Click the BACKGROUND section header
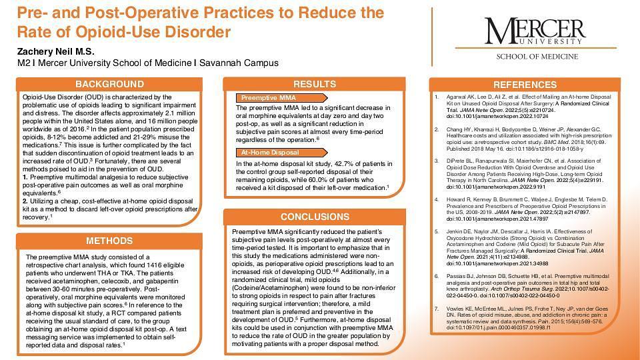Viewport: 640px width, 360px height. (x=109, y=84)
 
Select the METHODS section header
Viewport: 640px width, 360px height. (x=109, y=241)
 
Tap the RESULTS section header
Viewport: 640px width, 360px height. (x=315, y=84)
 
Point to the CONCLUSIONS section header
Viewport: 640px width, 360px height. (x=315, y=217)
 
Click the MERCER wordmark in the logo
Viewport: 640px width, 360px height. (x=532, y=29)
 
